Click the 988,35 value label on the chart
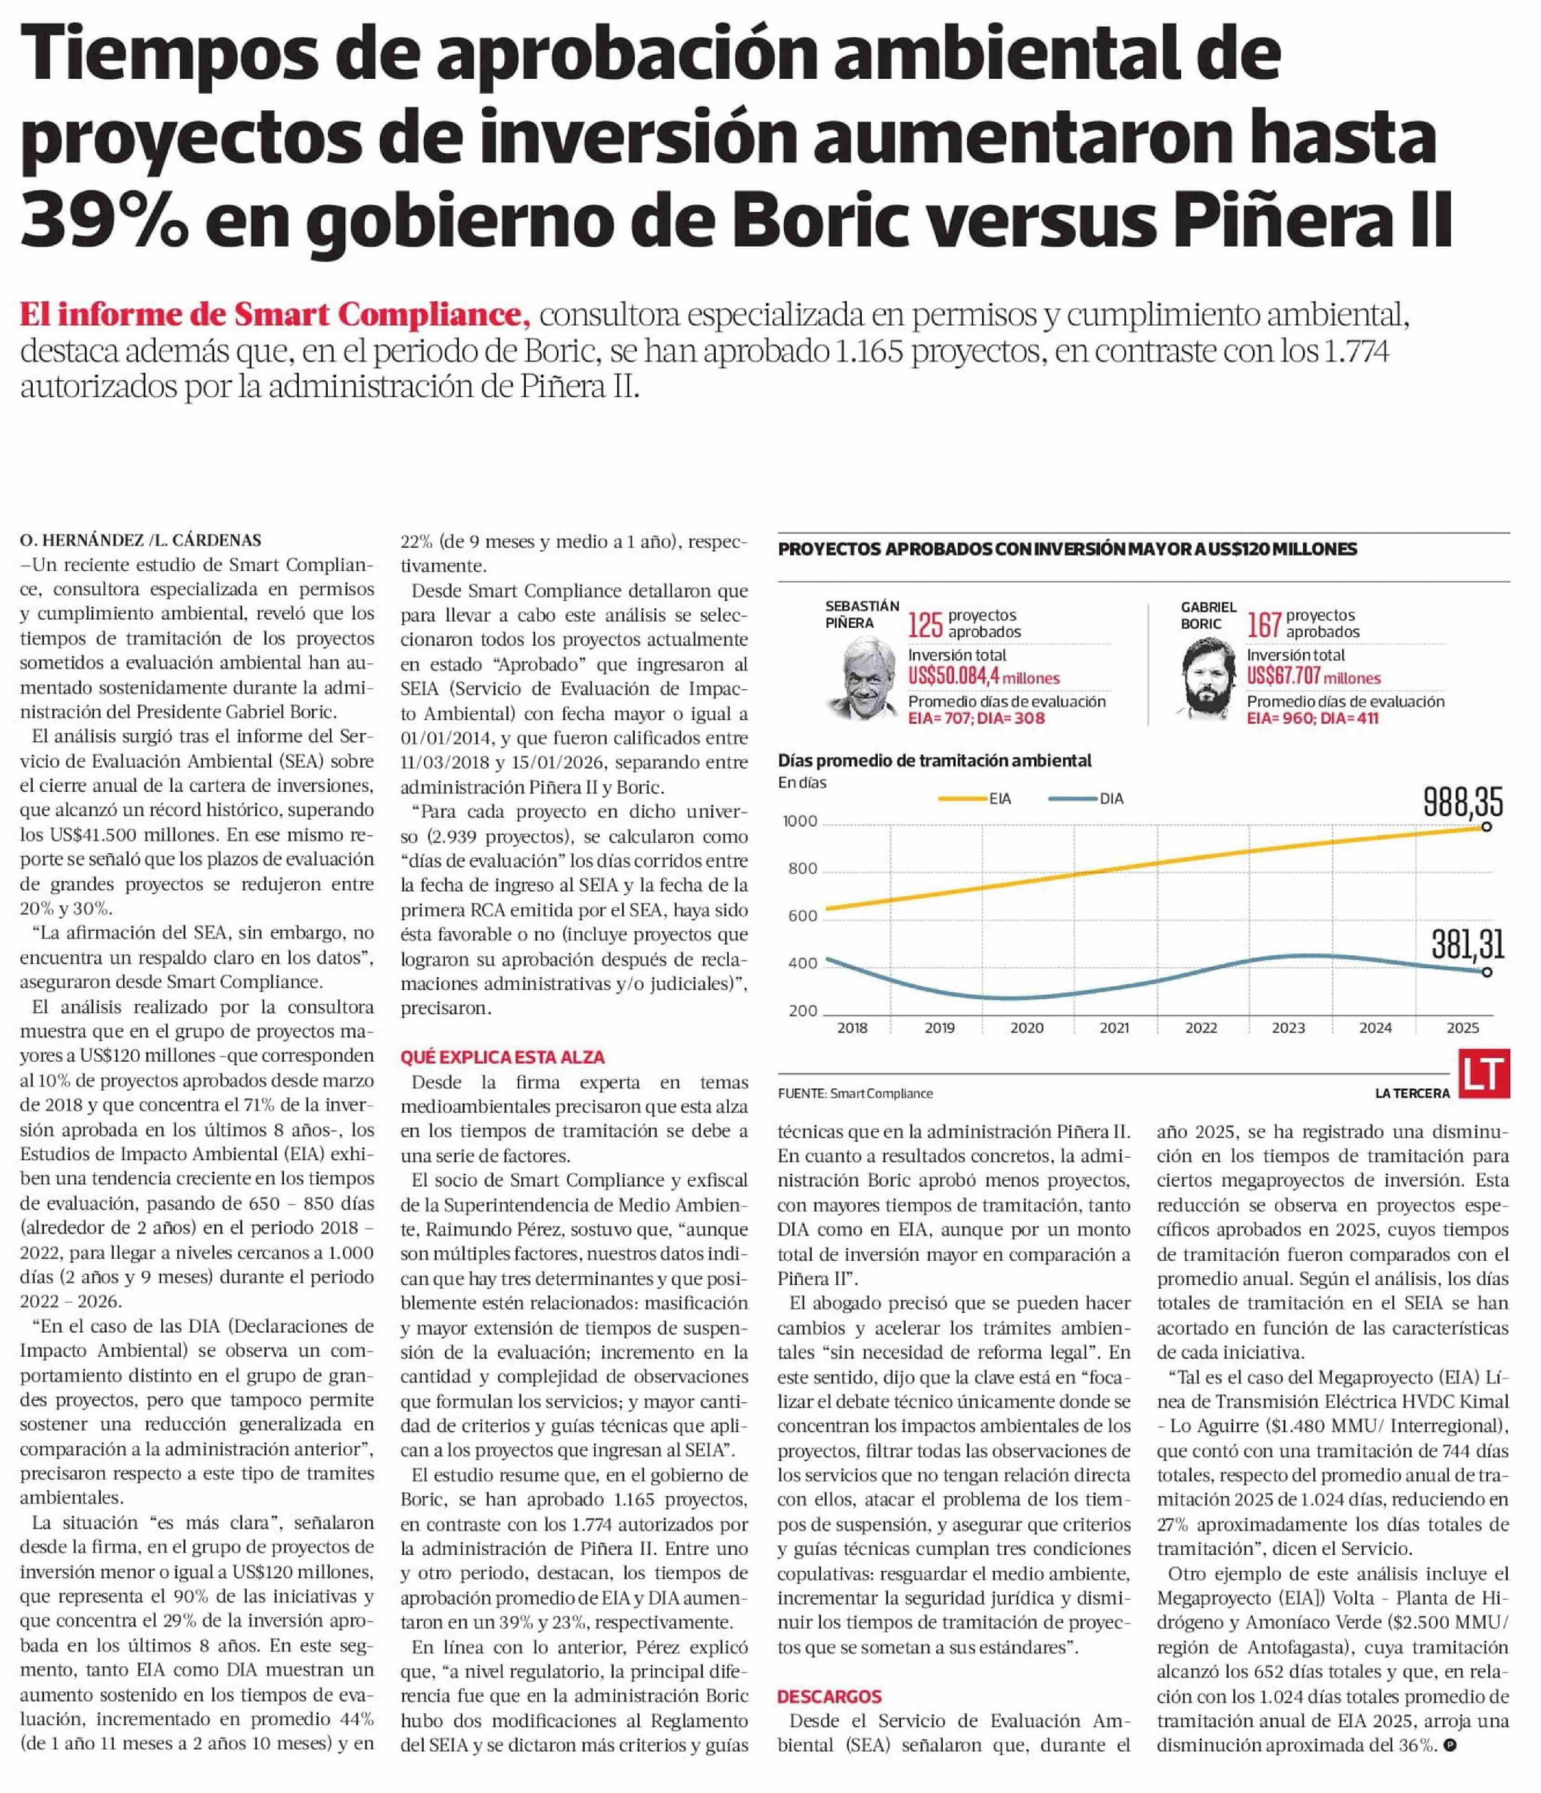(1463, 804)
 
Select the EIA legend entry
(975, 799)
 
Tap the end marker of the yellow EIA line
(1487, 827)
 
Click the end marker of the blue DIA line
(1487, 972)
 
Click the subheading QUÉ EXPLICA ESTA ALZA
(502, 1058)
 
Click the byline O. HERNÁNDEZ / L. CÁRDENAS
(140, 540)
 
